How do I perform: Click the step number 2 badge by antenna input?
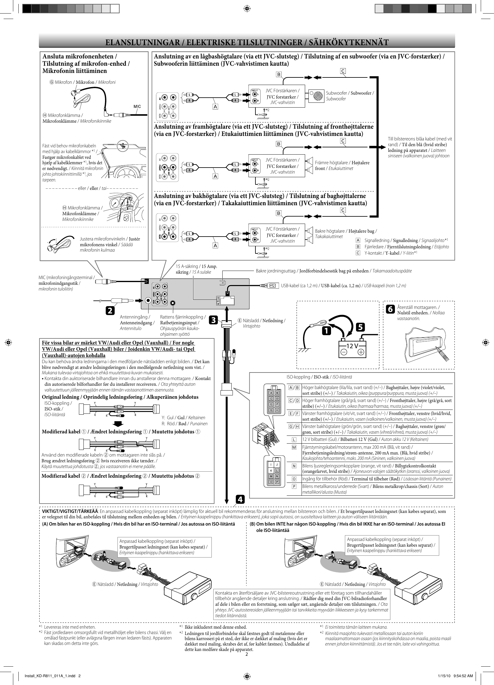point(110,310)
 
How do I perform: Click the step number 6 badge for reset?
point(390,309)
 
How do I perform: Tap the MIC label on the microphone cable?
point(137,106)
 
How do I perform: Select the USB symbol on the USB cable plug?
point(273,285)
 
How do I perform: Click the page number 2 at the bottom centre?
point(246,654)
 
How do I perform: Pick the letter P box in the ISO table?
point(294,487)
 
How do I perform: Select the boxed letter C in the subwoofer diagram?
point(343,71)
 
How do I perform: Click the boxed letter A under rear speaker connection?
point(215,246)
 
